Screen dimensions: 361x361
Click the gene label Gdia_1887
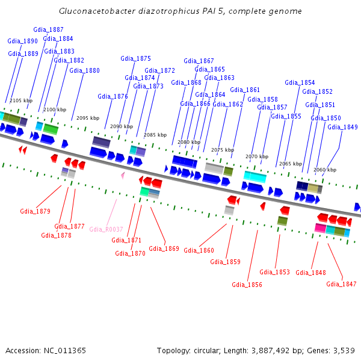(x=48, y=29)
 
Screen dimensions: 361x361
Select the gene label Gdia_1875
(x=135, y=59)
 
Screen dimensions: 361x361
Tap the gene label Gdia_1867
(x=199, y=61)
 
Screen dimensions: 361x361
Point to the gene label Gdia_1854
(x=300, y=83)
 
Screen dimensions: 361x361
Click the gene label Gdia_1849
(x=342, y=128)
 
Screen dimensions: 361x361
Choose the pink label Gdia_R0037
(x=106, y=229)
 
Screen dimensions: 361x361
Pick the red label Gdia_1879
(x=35, y=211)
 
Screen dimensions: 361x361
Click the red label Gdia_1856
(x=247, y=285)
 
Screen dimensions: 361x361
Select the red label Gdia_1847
(x=341, y=284)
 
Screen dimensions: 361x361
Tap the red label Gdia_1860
(x=199, y=250)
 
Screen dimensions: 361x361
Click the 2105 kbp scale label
(x=20, y=100)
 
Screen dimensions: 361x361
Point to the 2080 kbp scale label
(x=188, y=142)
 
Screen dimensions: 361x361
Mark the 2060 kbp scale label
(x=325, y=170)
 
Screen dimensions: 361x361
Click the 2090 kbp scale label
(x=121, y=127)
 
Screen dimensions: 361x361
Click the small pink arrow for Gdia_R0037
(x=123, y=175)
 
